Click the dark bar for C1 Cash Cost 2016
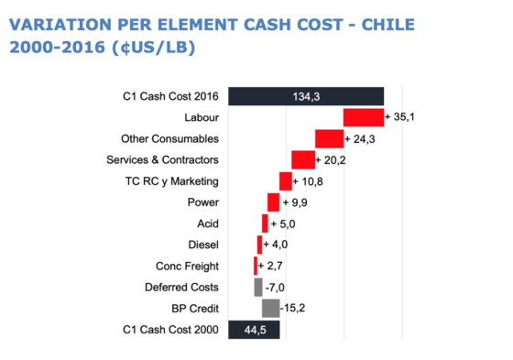305,95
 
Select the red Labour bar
363,117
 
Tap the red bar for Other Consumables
329,138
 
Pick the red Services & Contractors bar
302,160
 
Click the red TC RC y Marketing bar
285,181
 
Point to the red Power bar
273,202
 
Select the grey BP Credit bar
270,309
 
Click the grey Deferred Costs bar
258,288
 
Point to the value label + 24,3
361,138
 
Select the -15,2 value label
294,309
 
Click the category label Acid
207,224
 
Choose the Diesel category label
202,245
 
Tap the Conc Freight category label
187,266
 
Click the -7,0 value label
274,288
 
